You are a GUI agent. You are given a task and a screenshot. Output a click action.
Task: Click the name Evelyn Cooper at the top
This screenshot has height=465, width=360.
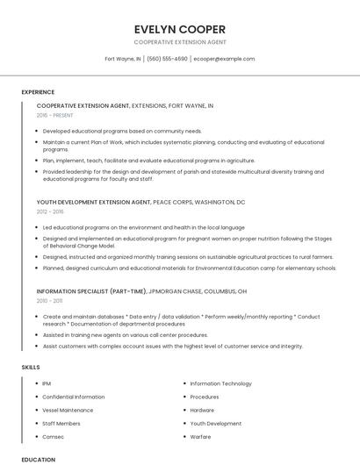(180, 29)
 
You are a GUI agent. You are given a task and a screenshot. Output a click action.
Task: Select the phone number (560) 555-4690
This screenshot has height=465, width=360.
(167, 59)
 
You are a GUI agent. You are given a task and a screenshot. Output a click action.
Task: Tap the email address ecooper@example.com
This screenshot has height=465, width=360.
(224, 59)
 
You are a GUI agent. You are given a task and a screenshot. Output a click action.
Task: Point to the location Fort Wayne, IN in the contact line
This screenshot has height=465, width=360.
(123, 59)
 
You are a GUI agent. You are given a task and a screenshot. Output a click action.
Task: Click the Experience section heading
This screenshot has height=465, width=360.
(38, 92)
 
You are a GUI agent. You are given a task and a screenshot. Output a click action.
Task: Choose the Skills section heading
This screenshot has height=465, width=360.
(30, 366)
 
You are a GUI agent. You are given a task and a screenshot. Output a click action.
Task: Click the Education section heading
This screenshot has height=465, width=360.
(38, 460)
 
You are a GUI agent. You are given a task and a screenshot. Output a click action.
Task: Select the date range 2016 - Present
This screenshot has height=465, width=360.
(55, 115)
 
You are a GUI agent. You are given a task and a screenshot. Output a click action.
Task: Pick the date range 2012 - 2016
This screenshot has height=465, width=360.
(50, 211)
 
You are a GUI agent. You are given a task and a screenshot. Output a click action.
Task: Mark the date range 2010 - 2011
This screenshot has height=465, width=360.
(49, 300)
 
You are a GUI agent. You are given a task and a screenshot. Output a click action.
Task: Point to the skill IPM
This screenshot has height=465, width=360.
(47, 383)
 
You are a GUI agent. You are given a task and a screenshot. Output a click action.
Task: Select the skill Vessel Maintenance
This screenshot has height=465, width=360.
(68, 410)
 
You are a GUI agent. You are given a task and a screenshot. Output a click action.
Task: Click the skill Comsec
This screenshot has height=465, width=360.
(53, 436)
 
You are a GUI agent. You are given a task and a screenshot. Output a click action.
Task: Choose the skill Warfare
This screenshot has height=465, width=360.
(200, 436)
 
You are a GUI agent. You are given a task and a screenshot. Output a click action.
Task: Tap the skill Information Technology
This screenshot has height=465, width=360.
(220, 383)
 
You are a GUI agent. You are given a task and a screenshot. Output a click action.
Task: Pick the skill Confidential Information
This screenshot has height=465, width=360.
(73, 397)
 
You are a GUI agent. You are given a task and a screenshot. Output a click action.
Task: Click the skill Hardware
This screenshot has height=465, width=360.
(202, 410)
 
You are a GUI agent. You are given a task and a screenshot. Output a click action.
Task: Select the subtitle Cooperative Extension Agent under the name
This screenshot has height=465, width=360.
(180, 41)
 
